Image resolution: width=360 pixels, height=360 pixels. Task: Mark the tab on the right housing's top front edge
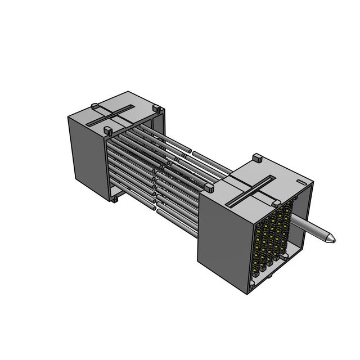pos(276,203)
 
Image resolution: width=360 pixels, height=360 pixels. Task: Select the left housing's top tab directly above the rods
pos(107,131)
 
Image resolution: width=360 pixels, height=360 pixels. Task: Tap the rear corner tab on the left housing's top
pos(157,109)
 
